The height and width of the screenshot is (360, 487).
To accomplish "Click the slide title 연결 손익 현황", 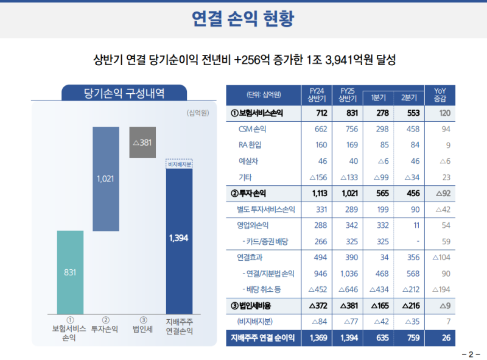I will click(243, 19).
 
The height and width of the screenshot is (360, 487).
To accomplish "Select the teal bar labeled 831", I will click(70, 272).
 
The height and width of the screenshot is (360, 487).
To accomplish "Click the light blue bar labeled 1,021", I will click(105, 179).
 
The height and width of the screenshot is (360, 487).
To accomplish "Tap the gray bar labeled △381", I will click(142, 143).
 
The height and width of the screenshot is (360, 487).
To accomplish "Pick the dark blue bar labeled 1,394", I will click(179, 238).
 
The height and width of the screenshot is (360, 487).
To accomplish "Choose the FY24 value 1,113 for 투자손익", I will click(318, 193).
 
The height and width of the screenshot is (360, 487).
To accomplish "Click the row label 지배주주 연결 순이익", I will click(265, 337).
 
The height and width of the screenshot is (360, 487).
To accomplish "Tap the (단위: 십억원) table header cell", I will click(264, 94).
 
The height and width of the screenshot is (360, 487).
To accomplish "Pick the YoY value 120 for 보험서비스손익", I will click(444, 113).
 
